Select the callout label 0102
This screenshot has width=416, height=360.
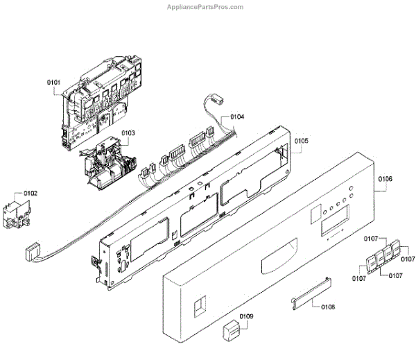[31, 194]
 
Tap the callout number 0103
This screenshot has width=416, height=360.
[128, 132]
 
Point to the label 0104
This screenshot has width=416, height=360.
[237, 118]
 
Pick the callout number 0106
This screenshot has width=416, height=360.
[385, 179]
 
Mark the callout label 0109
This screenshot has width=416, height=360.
[246, 317]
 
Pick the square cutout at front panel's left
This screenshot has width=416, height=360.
[200, 306]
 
